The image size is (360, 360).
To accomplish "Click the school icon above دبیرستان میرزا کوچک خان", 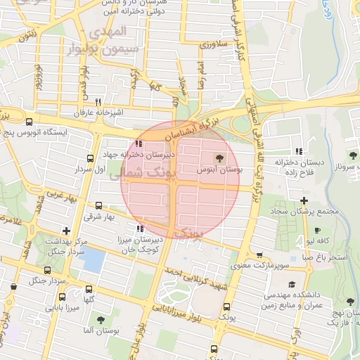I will tap(141, 228).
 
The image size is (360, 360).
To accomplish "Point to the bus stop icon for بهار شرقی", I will tap(98, 206).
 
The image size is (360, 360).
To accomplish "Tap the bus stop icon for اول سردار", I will tap(89, 158).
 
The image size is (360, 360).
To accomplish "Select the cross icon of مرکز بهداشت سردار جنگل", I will tap(66, 230).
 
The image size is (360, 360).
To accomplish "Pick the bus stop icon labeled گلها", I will tap(89, 289).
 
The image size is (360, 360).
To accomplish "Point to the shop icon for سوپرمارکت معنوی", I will tap(260, 255).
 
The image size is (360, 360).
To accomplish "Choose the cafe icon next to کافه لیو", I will tap(318, 230).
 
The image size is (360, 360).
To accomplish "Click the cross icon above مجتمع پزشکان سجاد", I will tap(304, 201).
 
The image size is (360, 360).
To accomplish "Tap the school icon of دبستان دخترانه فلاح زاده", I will tap(300, 150).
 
